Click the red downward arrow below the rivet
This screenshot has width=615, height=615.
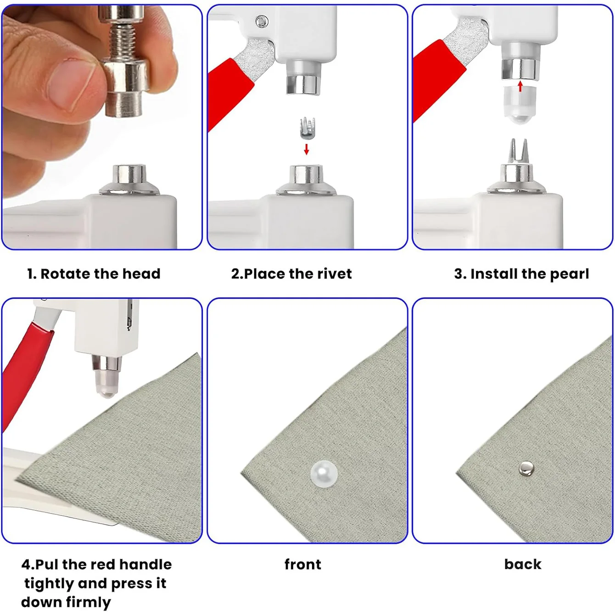click(307, 149)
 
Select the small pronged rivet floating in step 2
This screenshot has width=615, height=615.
click(307, 128)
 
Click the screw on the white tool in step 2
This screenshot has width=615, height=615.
click(262, 22)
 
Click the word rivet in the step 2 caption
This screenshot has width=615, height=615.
click(335, 274)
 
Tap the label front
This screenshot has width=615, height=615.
click(302, 564)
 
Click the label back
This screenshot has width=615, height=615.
click(523, 564)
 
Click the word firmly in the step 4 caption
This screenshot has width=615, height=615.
click(88, 602)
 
